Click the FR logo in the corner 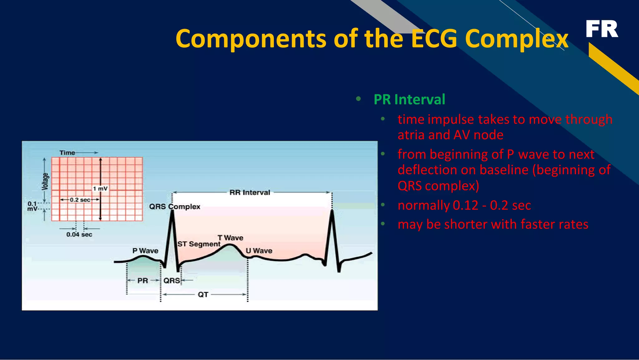coord(602,29)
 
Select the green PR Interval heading coord(409,100)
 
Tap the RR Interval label coord(250,193)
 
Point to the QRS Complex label coord(174,207)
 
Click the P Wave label coord(145,251)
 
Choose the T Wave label coord(230,238)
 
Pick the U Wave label coord(259,251)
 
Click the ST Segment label coord(199,244)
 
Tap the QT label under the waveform coord(203,294)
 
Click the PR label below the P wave coord(143,281)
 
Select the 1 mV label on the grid coord(100,189)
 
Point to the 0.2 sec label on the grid coord(80,200)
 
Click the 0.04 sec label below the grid coord(79,234)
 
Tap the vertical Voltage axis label coord(46,181)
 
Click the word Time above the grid coord(67,153)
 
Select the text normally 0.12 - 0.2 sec coord(464,205)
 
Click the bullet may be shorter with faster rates coord(493,224)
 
